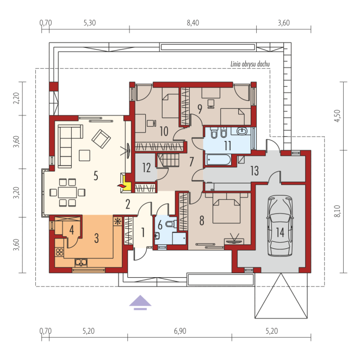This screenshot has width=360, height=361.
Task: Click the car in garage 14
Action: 280,225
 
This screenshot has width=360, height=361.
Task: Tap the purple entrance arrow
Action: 140,302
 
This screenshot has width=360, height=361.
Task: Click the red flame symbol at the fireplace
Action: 121,186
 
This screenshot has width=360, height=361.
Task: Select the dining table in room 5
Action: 67,192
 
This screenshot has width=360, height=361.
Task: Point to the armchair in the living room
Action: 101,139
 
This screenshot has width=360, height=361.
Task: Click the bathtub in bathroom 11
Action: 219,160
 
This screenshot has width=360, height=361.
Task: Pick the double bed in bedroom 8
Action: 227,208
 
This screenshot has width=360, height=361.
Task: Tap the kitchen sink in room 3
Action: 81,262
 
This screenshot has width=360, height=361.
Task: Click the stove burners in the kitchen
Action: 59,252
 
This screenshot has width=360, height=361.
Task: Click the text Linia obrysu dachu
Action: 250,64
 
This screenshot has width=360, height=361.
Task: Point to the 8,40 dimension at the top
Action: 193,23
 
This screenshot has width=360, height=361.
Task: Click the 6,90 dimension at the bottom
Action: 180,331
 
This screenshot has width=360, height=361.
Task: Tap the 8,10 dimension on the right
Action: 337,211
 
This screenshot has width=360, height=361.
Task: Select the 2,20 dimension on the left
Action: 16,99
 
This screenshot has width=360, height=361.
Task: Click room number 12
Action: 146,167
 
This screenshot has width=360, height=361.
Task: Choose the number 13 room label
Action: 255,170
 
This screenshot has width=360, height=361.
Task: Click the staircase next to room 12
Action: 168,160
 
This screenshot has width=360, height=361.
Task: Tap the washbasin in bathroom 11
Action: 241,131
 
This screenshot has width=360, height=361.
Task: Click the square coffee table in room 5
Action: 85,155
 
